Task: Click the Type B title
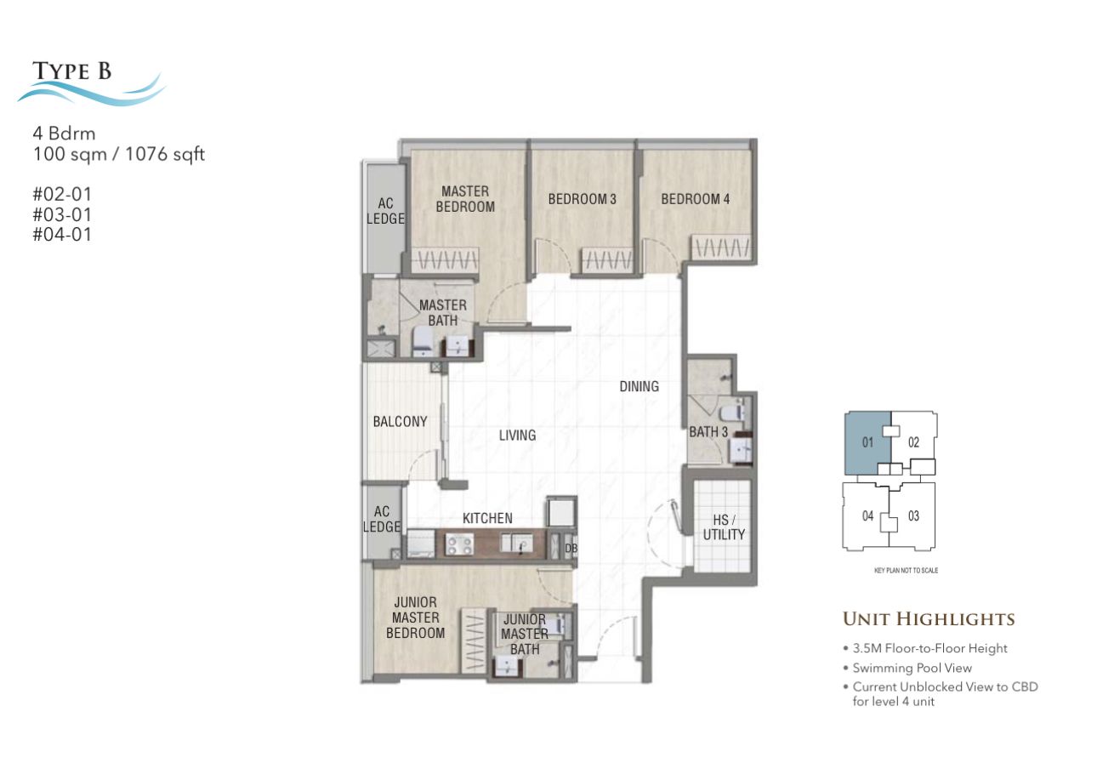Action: [72, 71]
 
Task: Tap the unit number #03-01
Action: [62, 214]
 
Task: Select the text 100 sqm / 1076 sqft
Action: [119, 154]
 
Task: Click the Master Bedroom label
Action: [465, 199]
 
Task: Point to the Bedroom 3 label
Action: [583, 199]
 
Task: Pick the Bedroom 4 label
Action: [696, 199]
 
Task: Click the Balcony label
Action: [401, 421]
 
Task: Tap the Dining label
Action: [639, 386]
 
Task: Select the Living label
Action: [517, 435]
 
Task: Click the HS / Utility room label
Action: [724, 527]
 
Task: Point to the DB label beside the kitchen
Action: [571, 549]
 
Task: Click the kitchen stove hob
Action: [459, 544]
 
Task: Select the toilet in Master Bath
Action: [422, 341]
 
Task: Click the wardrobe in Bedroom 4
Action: [721, 248]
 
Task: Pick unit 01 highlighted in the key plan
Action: [867, 443]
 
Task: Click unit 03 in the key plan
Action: [913, 516]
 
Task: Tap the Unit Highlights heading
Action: [929, 619]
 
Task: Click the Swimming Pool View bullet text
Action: [912, 669]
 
